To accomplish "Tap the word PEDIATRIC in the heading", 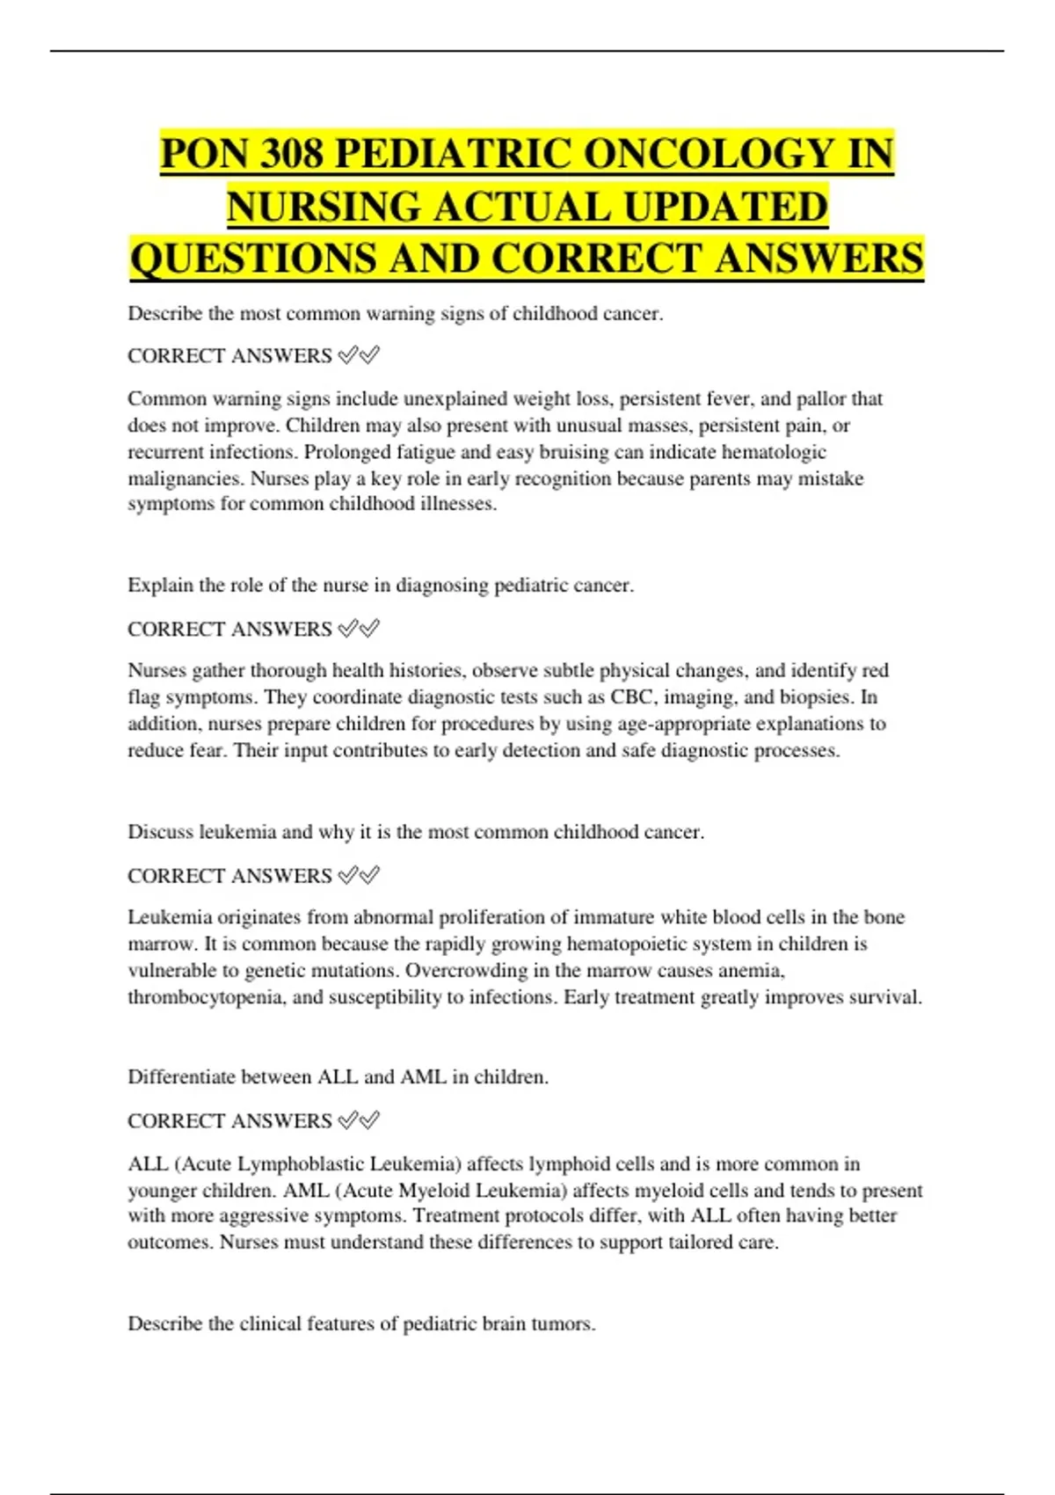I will click(x=454, y=154).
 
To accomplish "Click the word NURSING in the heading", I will click(x=324, y=207).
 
